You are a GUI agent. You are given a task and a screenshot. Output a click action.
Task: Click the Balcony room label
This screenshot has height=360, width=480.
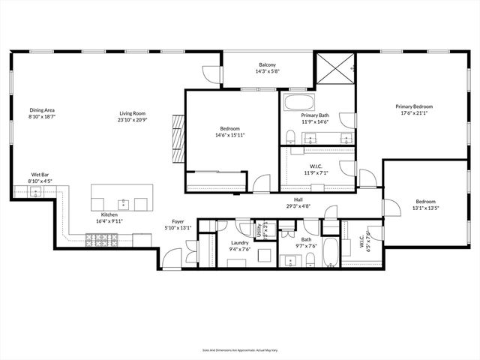(x=266, y=65)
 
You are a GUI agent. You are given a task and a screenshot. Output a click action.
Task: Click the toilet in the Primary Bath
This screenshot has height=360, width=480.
(x=289, y=135)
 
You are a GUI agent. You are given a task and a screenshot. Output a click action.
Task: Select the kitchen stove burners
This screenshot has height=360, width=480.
(x=99, y=240)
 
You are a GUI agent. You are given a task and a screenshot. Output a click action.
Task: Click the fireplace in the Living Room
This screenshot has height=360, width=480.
(x=177, y=132)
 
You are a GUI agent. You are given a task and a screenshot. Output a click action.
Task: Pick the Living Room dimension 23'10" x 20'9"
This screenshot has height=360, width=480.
(x=132, y=120)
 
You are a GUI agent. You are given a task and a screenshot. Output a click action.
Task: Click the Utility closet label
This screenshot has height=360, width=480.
(x=258, y=231)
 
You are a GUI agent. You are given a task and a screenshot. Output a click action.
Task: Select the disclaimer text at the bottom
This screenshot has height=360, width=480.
(x=240, y=349)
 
